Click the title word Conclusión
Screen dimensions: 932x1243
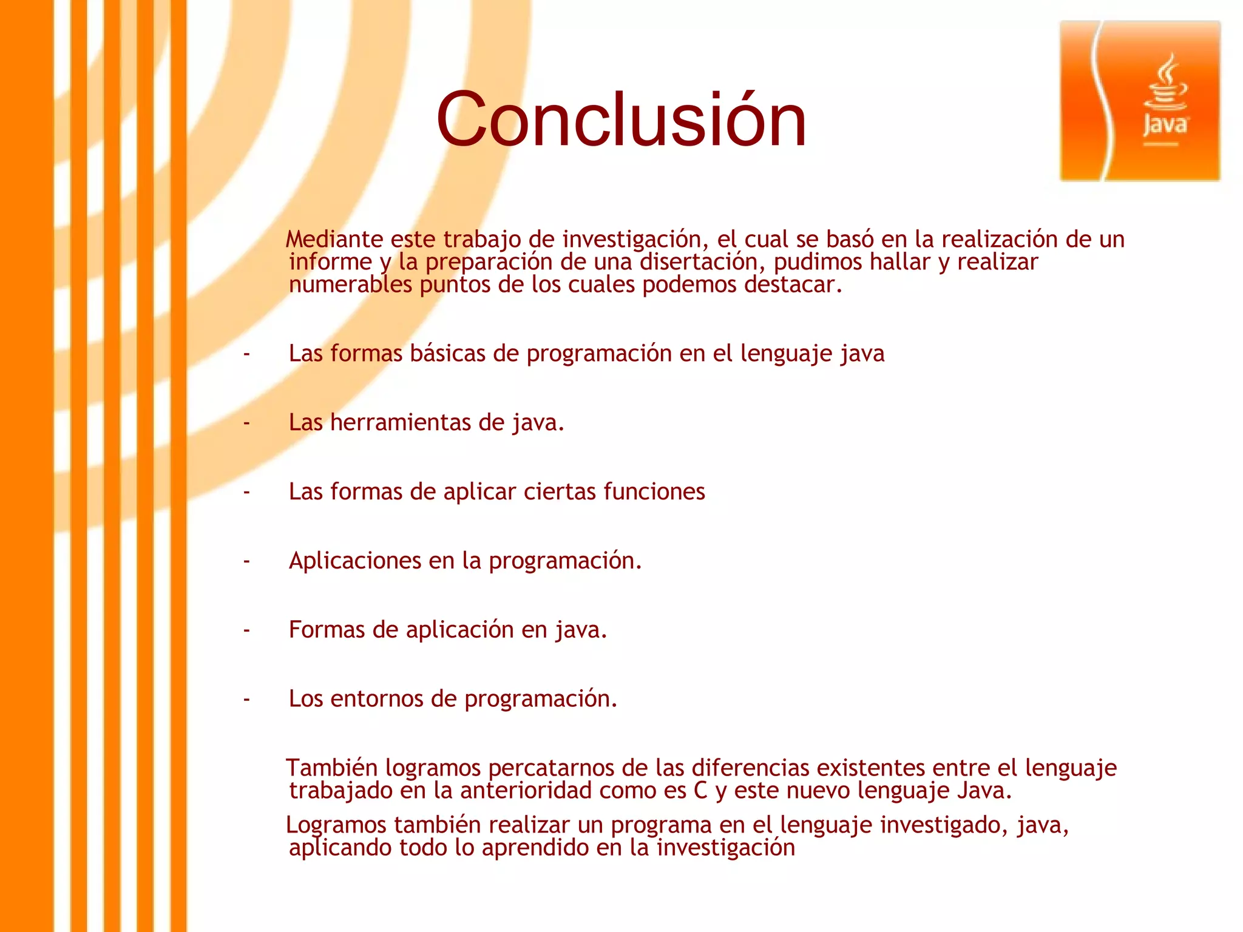621,120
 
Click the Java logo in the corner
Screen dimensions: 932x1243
1140,101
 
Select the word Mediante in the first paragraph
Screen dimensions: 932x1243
334,240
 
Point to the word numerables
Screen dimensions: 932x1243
350,285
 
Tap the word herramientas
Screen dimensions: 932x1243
400,422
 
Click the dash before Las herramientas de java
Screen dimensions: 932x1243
246,422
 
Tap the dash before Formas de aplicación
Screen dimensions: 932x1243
246,630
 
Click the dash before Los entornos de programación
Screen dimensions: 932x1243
246,700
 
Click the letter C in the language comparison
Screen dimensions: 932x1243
700,791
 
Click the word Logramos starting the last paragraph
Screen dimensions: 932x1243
336,825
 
